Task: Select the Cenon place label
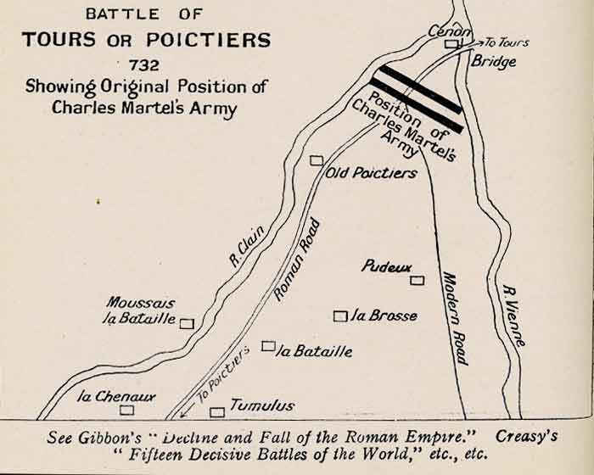coord(449,31)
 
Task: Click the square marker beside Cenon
coord(452,44)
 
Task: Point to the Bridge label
coord(494,62)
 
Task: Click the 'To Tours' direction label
coord(507,42)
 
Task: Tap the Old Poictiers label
coord(372,173)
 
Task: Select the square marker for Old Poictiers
coord(317,160)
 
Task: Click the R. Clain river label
coord(247,244)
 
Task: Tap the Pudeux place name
coord(386,266)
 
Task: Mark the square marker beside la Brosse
coord(340,316)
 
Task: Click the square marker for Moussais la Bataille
coord(188,322)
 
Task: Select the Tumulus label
coord(262,405)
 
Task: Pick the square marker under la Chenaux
coord(126,411)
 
